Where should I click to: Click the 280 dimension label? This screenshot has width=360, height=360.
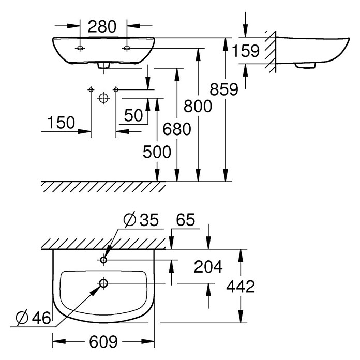pos(102,26)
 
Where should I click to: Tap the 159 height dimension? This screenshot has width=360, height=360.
pos(246,51)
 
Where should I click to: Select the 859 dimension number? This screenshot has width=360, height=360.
pos(224,89)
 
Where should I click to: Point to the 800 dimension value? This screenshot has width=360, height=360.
pos(198,107)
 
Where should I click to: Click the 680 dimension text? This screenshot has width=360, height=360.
pos(177,129)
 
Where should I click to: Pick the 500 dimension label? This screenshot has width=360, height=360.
pos(157,152)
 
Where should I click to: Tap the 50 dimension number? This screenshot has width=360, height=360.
pos(133,115)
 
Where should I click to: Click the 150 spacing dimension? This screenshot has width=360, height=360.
pos(61,123)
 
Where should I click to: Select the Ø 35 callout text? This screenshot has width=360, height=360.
pos(141,220)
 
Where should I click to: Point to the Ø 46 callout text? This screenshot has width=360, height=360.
pos(33,318)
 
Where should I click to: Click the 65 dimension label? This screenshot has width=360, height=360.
pos(186,220)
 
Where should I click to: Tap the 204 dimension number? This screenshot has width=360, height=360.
pos(208,266)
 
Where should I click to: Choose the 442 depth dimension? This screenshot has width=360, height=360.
pos(241,287)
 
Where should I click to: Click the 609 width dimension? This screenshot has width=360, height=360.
pos(103,342)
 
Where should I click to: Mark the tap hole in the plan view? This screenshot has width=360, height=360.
pos(103,260)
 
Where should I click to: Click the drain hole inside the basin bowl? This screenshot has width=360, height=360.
pos(103,283)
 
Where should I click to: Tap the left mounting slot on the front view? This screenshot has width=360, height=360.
pos(80,48)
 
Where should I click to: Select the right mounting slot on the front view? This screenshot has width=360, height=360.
pos(127,48)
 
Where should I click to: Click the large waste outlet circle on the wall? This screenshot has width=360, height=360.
pos(103,98)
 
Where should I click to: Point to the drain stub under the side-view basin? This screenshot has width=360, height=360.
pos(305,66)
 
